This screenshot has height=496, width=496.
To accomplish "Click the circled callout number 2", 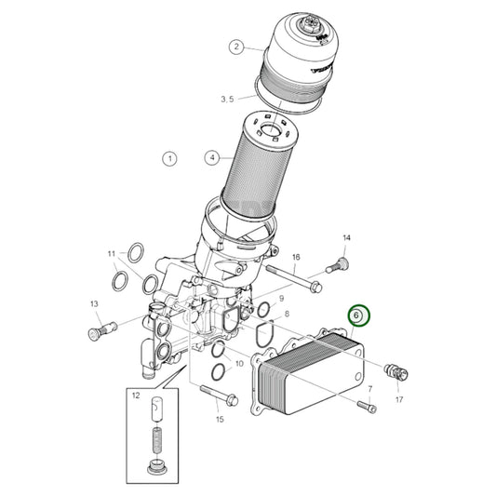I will [237, 47].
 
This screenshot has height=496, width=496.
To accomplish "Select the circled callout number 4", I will [213, 158].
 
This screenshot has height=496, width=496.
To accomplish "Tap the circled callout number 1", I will [169, 159].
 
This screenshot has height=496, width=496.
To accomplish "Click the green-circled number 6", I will [357, 317].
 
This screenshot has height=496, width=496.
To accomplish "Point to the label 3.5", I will [228, 99].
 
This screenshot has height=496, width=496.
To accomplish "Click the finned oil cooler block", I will [309, 372].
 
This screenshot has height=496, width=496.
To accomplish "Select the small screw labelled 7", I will [369, 405].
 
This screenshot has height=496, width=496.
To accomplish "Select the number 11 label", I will [111, 253].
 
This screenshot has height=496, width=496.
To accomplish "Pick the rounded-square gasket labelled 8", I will [263, 329].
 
